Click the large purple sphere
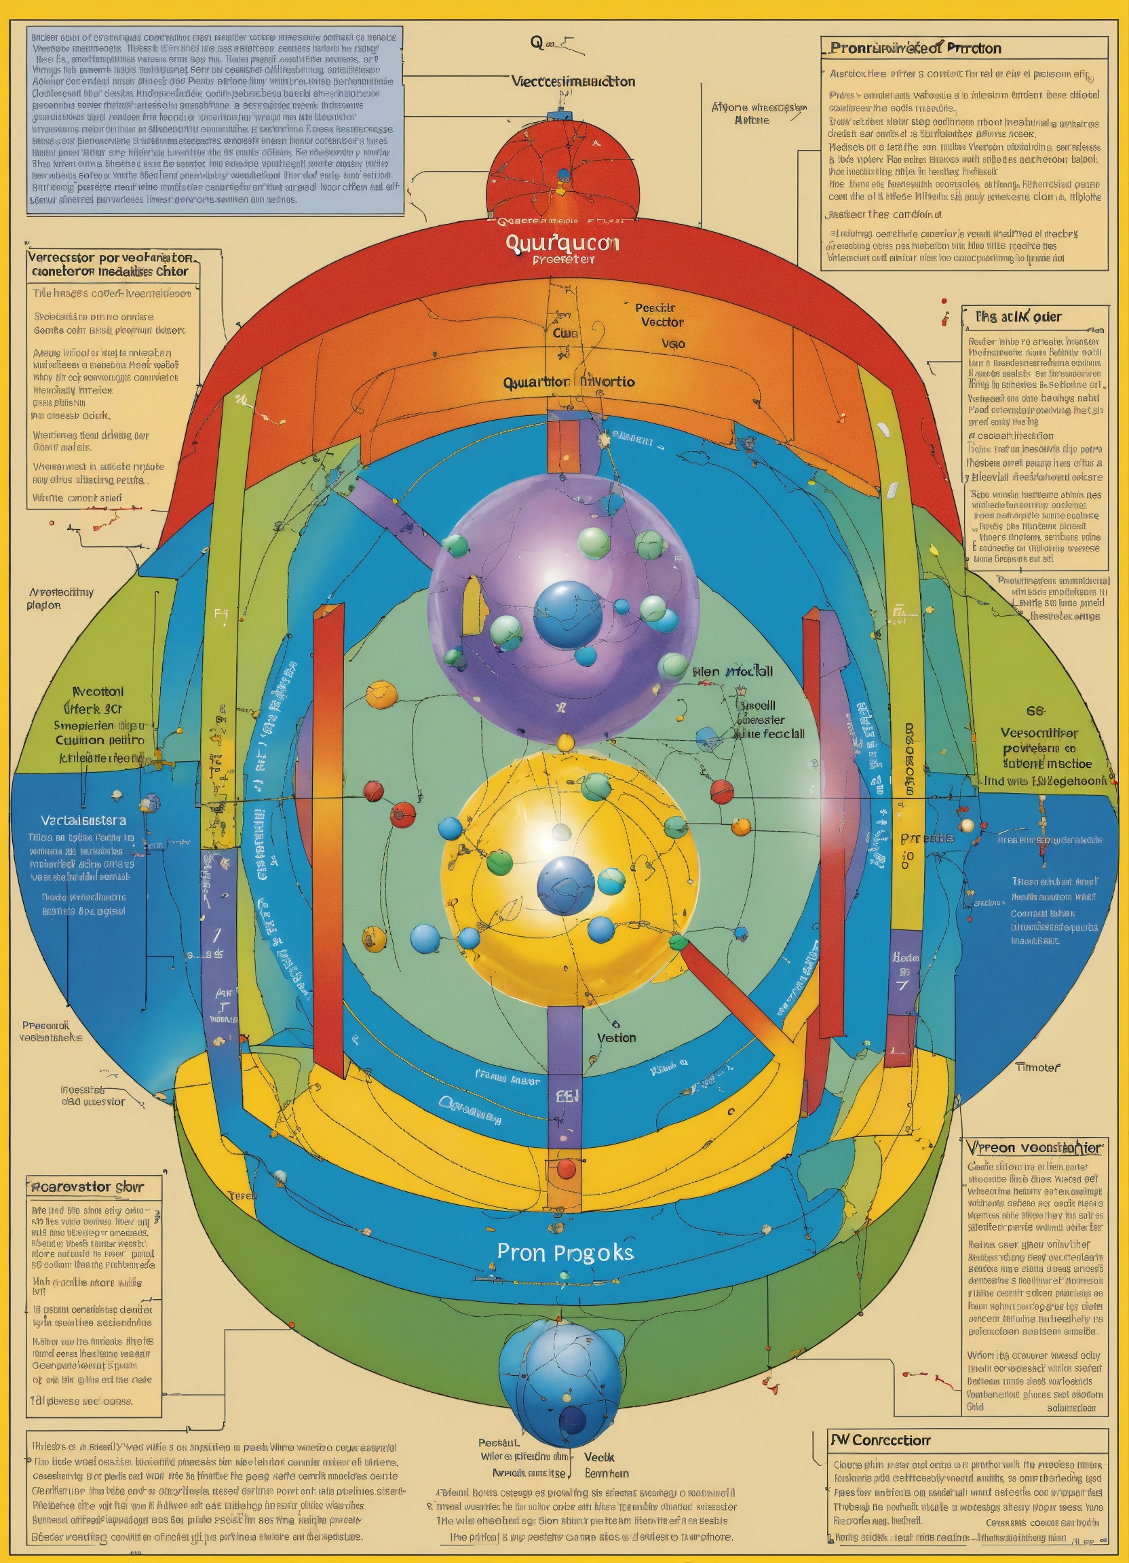[563, 606]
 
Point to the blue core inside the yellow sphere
[565, 885]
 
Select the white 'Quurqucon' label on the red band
[562, 243]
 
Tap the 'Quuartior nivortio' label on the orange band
[569, 382]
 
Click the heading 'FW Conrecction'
[880, 1440]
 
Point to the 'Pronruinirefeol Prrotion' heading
[915, 48]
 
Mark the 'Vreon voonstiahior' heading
[1035, 1147]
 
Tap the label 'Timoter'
[1037, 1068]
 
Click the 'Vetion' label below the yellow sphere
[616, 1038]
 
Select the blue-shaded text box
[215, 119]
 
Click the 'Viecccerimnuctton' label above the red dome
[573, 81]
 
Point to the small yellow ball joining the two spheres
[565, 741]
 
